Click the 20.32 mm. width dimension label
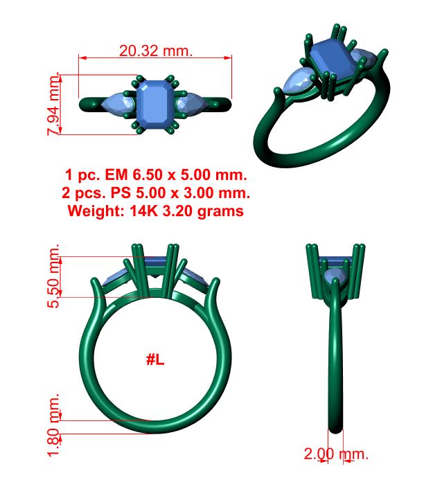[156, 51]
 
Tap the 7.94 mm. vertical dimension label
[53, 104]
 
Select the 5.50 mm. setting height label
[53, 276]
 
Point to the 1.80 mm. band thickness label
[53, 425]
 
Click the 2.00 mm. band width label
[336, 454]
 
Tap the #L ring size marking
[155, 360]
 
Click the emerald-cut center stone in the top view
[154, 105]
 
